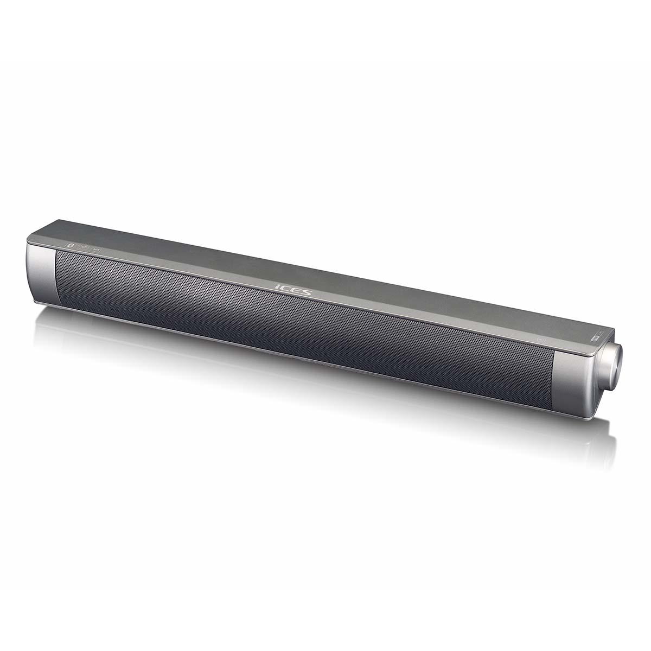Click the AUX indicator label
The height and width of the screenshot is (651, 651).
click(96, 250)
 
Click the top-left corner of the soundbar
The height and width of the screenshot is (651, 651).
click(28, 238)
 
